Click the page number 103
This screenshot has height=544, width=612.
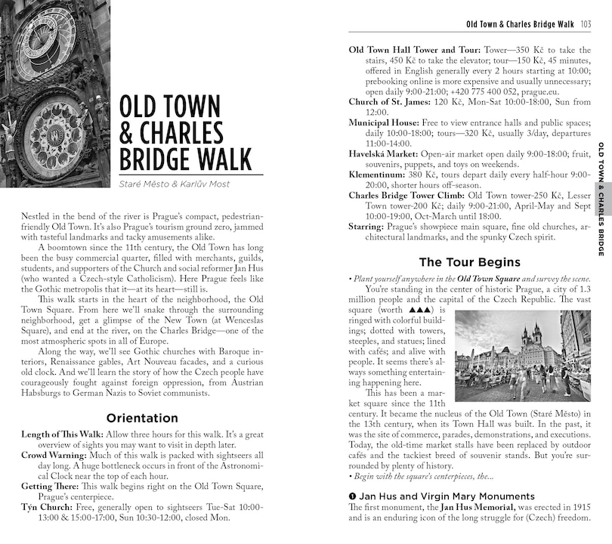[x=586, y=24]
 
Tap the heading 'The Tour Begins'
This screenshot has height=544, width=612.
[x=469, y=262]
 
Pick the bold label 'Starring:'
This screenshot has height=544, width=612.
[x=366, y=227]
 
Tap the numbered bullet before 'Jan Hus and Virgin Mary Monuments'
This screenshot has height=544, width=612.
[x=352, y=496]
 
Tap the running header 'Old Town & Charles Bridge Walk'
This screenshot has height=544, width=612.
[x=521, y=24]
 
